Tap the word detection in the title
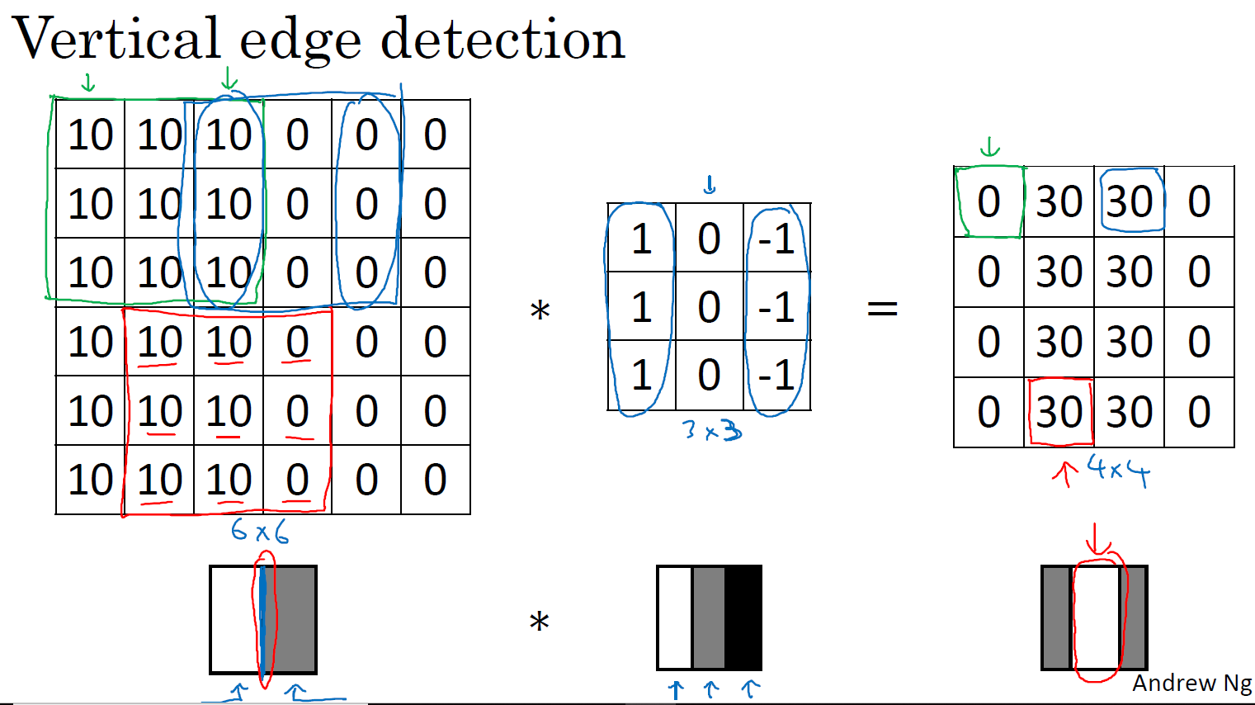[502, 39]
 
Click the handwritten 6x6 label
[260, 530]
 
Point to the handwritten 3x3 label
[711, 430]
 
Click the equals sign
[882, 309]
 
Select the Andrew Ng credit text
[1191, 684]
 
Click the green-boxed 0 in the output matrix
[988, 202]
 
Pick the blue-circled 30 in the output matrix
[1130, 202]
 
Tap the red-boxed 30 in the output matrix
[1059, 412]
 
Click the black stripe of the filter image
[743, 617]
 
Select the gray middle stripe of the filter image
[709, 617]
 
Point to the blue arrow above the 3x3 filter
[710, 185]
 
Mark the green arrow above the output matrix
[989, 148]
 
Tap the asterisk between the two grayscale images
[539, 622]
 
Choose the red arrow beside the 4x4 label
[1065, 473]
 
